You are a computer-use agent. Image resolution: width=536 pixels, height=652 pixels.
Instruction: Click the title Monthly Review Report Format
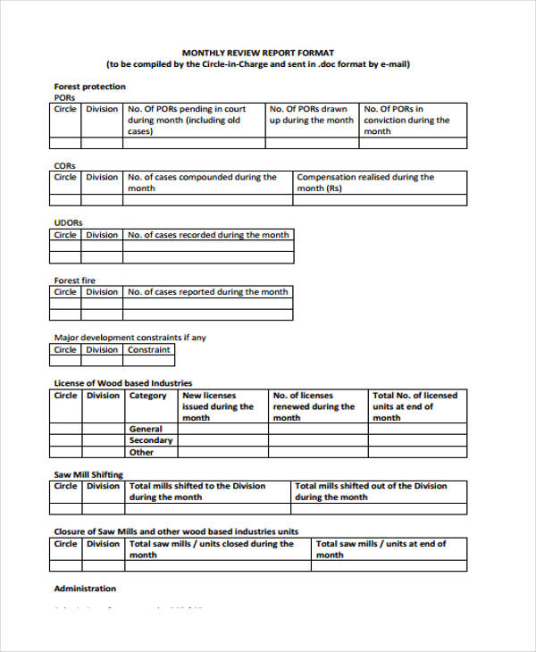click(258, 53)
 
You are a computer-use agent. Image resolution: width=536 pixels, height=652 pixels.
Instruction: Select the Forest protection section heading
click(90, 87)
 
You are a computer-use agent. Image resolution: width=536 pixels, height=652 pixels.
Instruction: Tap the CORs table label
click(65, 165)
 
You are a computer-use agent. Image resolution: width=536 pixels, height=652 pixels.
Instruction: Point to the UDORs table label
click(69, 222)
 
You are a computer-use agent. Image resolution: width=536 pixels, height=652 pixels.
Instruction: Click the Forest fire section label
click(75, 280)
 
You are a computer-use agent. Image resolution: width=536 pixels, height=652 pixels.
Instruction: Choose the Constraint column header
click(148, 350)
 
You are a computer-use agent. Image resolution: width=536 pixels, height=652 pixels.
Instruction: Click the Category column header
click(148, 396)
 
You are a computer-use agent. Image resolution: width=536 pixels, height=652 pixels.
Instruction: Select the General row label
click(146, 429)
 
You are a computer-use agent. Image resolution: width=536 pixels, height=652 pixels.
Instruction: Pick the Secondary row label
click(151, 440)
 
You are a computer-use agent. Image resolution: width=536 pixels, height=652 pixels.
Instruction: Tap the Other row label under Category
click(141, 452)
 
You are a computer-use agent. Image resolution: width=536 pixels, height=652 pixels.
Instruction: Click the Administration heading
click(85, 589)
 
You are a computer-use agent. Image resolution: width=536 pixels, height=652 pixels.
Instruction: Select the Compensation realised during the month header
click(365, 183)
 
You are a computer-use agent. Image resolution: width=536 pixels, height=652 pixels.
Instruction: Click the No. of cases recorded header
click(209, 235)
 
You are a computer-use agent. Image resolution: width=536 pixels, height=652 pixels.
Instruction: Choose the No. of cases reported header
click(208, 292)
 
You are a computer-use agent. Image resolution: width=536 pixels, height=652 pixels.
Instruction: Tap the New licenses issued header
click(218, 406)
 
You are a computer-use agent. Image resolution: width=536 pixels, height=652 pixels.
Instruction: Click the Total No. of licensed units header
click(415, 406)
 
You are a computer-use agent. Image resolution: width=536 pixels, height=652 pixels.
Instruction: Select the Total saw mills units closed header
click(212, 549)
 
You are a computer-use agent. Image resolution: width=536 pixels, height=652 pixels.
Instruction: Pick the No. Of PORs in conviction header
click(407, 120)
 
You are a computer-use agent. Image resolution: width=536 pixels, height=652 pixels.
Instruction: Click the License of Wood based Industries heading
click(123, 383)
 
